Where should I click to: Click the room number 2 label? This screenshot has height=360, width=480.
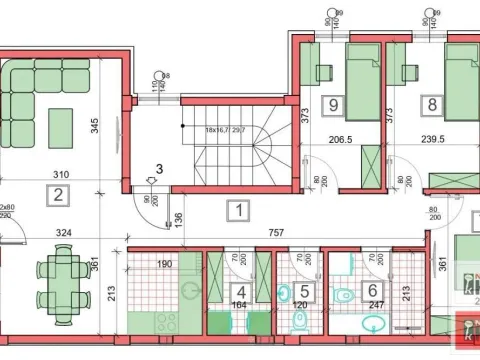[60, 194]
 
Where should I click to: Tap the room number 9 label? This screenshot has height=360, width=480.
[332, 102]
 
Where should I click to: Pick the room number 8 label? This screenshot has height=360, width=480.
[432, 103]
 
